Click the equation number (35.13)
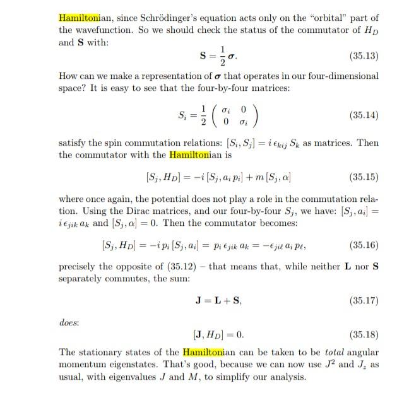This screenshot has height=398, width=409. tap(363, 56)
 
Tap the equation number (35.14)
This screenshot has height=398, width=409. tap(363, 115)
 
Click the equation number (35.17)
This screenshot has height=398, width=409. tap(363, 301)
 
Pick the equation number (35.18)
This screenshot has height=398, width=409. tap(363, 334)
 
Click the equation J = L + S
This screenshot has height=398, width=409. tap(218, 301)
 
